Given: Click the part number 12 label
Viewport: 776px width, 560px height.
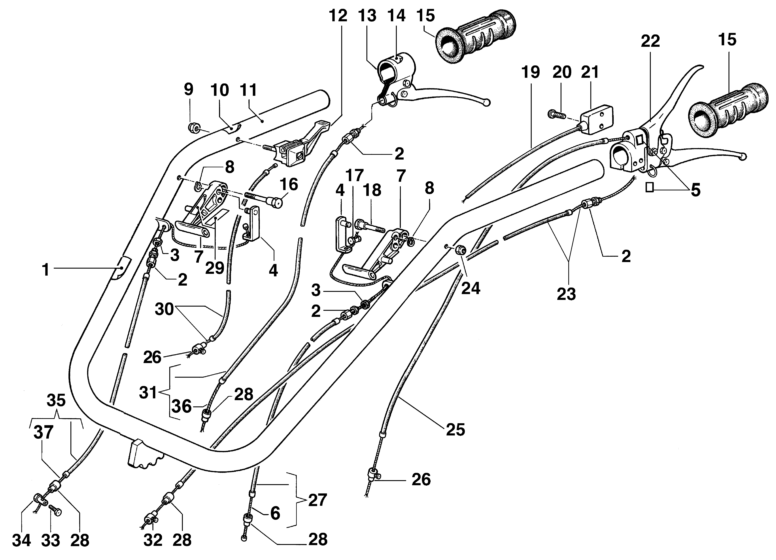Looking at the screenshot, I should click(338, 16).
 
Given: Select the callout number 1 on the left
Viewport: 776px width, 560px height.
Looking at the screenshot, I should click(46, 270).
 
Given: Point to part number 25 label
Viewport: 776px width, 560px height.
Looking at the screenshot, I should click(455, 430).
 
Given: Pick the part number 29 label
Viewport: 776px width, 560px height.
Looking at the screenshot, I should click(215, 268).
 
